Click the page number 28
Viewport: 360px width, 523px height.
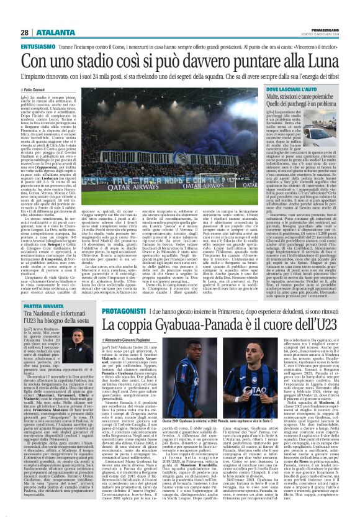[24, 32]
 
